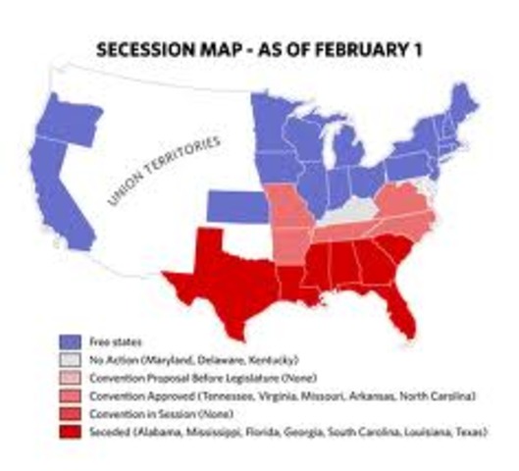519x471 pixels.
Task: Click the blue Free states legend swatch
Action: pyautogui.click(x=69, y=340)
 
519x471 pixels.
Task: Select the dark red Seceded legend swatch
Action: pyautogui.click(x=69, y=428)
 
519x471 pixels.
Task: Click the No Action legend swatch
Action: pyautogui.click(x=69, y=357)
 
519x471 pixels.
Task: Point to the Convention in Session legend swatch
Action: pyautogui.click(x=69, y=410)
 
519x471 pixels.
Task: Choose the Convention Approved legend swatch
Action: pyautogui.click(x=69, y=392)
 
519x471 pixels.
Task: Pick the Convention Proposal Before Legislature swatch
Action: pyautogui.click(x=69, y=375)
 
